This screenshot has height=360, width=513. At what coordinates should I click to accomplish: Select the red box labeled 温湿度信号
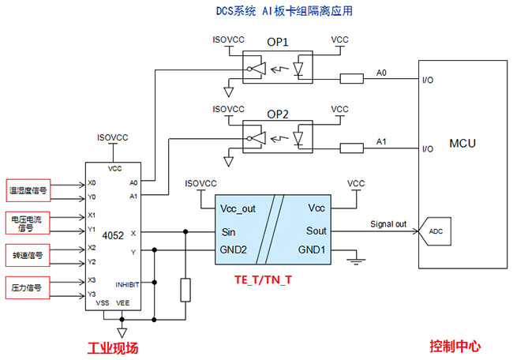[28, 189]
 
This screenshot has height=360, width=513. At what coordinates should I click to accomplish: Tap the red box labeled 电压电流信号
[28, 223]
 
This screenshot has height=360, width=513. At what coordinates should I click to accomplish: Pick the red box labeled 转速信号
[28, 255]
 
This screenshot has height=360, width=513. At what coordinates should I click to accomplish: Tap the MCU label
[462, 144]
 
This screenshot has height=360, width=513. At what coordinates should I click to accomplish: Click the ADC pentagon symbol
[435, 232]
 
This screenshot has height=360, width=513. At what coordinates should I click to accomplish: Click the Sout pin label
[316, 231]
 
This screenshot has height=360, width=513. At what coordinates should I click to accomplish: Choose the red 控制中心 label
[455, 346]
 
